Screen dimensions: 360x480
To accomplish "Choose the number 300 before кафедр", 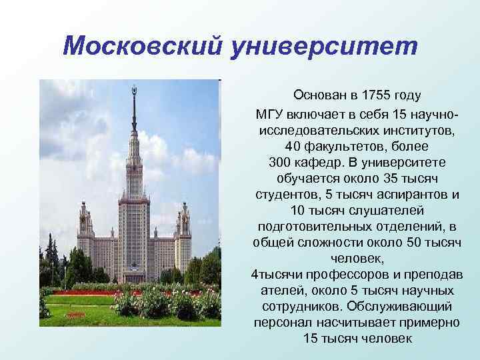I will (281, 162).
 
